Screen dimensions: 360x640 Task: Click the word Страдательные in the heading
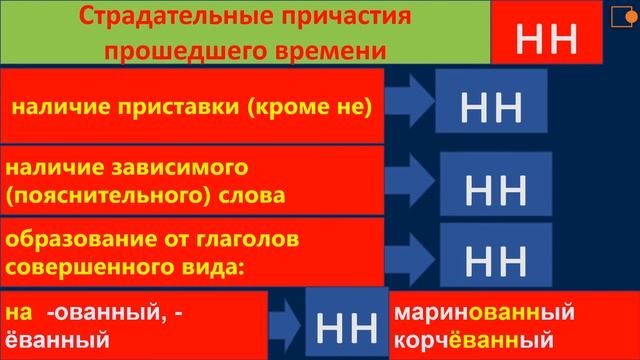[149, 17]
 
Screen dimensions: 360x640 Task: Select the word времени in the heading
[314, 49]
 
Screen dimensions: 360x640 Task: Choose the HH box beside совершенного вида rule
[497, 257]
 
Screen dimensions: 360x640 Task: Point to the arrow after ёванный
[286, 322]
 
